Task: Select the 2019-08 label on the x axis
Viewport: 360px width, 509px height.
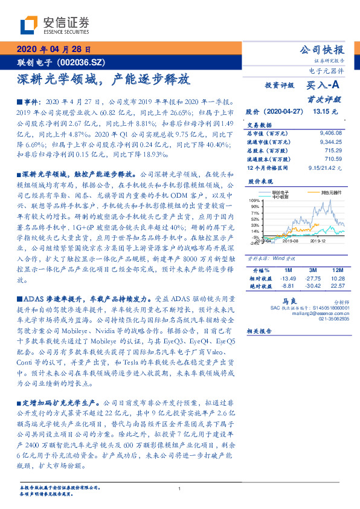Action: click(x=291, y=241)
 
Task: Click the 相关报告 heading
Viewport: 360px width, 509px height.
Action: click(x=260, y=332)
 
